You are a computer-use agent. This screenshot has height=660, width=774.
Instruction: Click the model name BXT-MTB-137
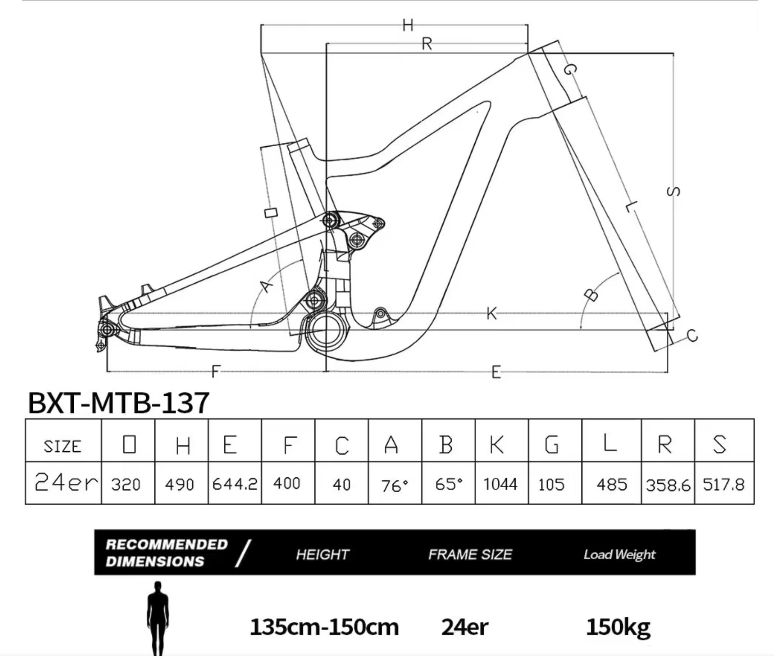(119, 403)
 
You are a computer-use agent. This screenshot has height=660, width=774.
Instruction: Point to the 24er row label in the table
(66, 482)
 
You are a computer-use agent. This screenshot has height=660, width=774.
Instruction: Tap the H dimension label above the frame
(408, 25)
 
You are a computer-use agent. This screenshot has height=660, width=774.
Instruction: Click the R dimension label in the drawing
(427, 44)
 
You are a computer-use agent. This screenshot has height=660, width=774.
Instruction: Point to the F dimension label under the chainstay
(216, 371)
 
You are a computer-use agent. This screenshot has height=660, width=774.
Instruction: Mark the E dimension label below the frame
(496, 372)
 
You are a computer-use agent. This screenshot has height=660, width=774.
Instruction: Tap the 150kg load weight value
(618, 627)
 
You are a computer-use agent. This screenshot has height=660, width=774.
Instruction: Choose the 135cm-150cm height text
(324, 627)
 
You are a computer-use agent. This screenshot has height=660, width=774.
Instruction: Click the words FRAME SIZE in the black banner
(470, 554)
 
